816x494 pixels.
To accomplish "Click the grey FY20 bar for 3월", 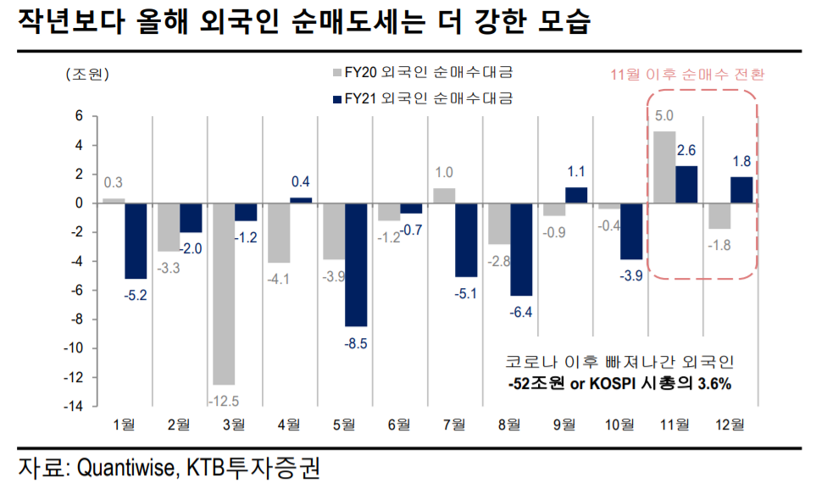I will coord(224,294).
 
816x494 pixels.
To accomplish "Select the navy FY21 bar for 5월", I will coord(355,264).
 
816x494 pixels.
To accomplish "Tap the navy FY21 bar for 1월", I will coord(136,241).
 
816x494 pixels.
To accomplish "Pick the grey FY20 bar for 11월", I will coord(664,167).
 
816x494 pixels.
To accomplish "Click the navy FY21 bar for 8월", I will coord(520,249).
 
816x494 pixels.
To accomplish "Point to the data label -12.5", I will coord(224,399).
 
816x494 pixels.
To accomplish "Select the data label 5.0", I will coord(664,115).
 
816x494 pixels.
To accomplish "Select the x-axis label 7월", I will coord(454,423).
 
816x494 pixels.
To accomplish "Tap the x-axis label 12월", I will coord(731,423).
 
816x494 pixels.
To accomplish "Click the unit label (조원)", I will coord(87,74).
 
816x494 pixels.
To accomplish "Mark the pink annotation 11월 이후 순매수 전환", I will coord(687,74).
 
